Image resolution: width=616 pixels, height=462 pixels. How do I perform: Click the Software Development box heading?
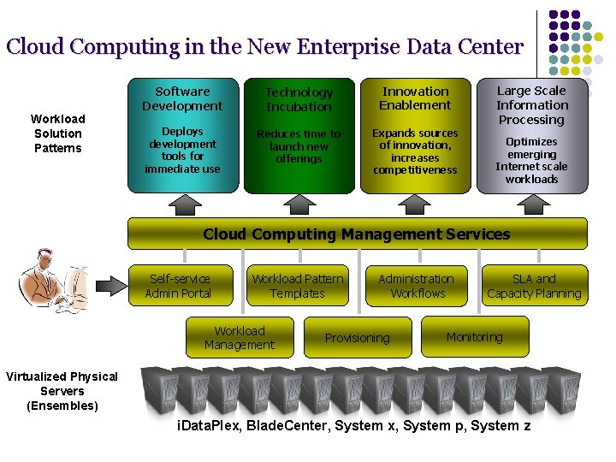(182, 98)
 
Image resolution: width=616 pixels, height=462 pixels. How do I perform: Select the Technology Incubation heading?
(299, 99)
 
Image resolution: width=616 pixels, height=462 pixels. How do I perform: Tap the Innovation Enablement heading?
(415, 98)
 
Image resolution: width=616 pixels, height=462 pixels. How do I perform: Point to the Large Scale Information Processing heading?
(531, 105)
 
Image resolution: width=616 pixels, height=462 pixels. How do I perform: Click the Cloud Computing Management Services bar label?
(357, 234)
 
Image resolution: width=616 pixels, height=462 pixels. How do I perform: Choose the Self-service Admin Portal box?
(179, 286)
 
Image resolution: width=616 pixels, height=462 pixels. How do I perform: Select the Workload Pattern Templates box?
(298, 286)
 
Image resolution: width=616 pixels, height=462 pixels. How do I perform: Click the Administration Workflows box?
(417, 286)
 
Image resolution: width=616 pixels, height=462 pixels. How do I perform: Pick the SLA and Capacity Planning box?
(534, 286)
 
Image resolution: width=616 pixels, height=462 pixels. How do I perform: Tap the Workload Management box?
(240, 337)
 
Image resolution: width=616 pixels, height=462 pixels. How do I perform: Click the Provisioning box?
(358, 337)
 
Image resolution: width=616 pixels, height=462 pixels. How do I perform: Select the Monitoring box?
(475, 337)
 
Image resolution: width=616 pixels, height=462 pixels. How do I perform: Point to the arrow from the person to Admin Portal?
(110, 283)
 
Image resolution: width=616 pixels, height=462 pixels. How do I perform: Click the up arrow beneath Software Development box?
(182, 204)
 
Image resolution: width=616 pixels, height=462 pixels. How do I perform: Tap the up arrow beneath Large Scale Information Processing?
(532, 204)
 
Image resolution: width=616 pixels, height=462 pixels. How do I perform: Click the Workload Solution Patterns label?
(58, 133)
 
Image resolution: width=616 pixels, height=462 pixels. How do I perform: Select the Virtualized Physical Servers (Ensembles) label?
(62, 391)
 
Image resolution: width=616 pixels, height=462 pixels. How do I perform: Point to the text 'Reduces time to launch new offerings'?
(299, 146)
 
